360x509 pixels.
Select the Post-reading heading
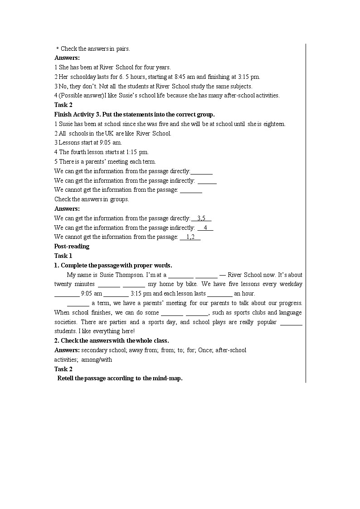[72, 246]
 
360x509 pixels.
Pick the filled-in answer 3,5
[201, 218]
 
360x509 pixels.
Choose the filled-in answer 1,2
[190, 237]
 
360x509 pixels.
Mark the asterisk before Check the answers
[58, 49]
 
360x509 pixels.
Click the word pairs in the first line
[123, 48]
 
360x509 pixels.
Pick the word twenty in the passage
[63, 284]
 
